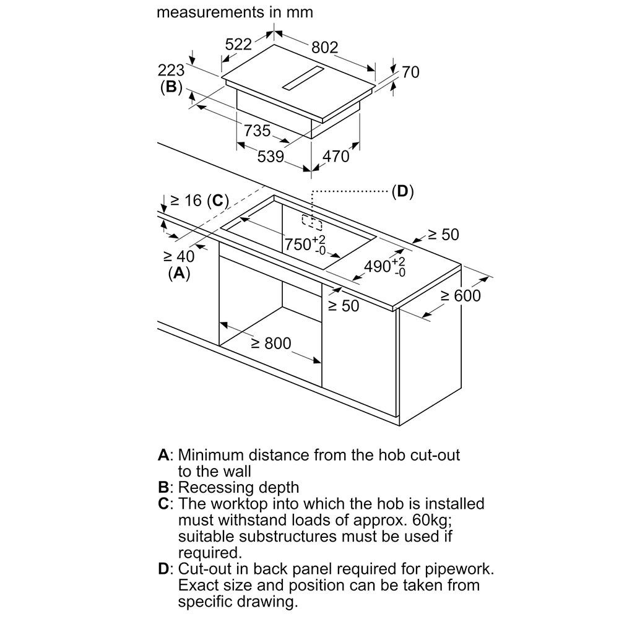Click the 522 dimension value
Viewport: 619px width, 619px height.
[x=238, y=44]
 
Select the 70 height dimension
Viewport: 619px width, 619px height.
[x=410, y=72]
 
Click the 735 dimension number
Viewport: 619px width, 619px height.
[x=257, y=131]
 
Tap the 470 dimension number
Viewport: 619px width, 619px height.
[x=336, y=157]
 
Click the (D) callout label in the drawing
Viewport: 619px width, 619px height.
[x=402, y=191]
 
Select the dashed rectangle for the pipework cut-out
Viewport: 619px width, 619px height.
[x=312, y=221]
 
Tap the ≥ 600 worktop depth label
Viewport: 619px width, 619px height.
[x=460, y=296]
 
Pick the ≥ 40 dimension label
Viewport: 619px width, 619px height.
[x=179, y=256]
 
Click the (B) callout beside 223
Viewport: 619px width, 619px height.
[x=170, y=87]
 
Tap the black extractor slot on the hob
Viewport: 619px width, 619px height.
[x=303, y=78]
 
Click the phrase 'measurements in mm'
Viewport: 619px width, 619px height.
[x=235, y=12]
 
